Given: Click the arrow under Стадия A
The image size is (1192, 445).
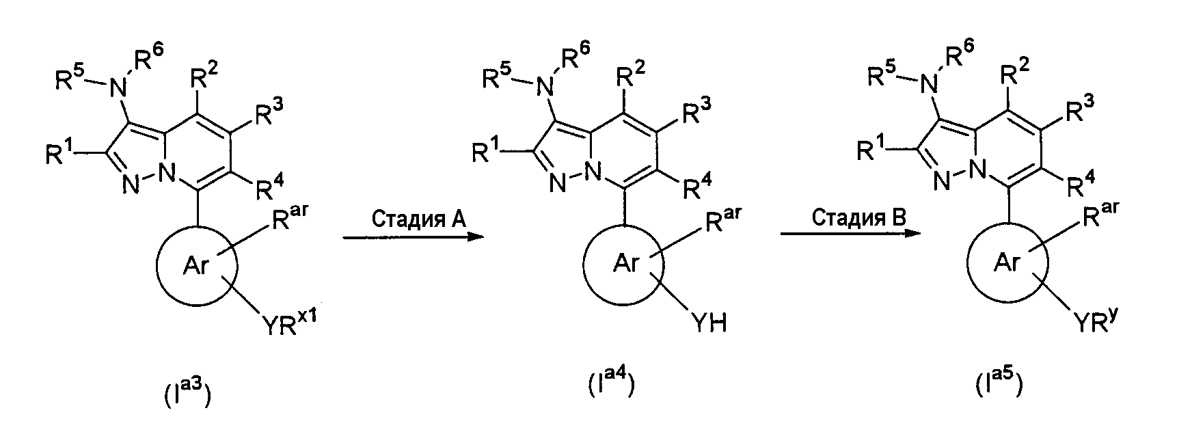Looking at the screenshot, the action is (413, 237).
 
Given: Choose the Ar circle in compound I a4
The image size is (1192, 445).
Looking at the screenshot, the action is (624, 264).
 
